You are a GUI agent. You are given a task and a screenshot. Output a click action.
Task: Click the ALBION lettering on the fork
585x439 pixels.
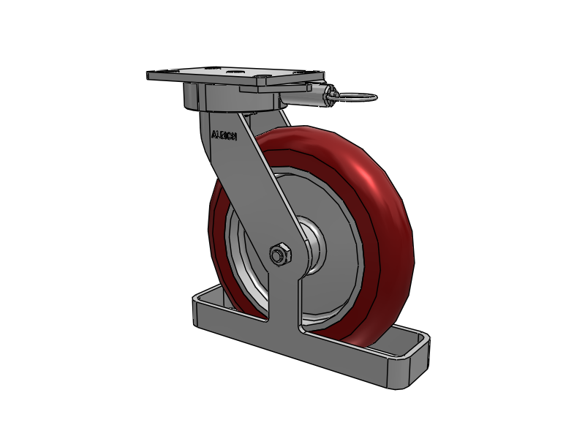pyautogui.click(x=223, y=135)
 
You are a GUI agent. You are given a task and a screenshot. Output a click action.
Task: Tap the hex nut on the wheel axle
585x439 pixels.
pyautogui.click(x=279, y=254)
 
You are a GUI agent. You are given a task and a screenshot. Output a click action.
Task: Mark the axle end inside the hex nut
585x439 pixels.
pyautogui.click(x=278, y=255)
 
